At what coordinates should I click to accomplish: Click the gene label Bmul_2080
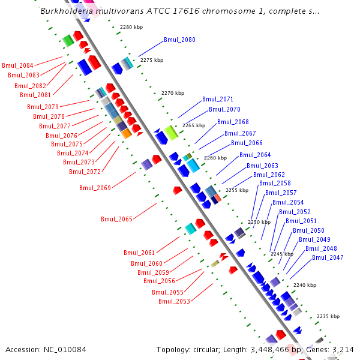tap(179, 40)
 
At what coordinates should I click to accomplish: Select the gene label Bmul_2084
tap(17, 65)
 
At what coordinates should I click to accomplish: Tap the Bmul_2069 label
tap(95, 188)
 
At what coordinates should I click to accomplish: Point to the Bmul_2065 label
tap(116, 220)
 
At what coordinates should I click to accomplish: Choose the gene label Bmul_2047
tap(328, 257)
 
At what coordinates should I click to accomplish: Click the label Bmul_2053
tap(174, 301)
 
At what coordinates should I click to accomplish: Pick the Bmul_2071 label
tap(218, 100)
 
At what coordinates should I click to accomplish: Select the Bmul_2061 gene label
tap(139, 253)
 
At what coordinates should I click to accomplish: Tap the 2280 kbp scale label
tap(131, 28)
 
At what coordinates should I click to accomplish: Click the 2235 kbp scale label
tap(328, 316)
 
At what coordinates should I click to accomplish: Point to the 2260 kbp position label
tap(215, 158)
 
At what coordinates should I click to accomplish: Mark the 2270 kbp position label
tap(173, 93)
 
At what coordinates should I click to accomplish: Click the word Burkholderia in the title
tap(65, 11)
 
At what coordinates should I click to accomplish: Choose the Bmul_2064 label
tap(255, 155)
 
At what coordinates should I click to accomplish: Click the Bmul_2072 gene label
tap(85, 172)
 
